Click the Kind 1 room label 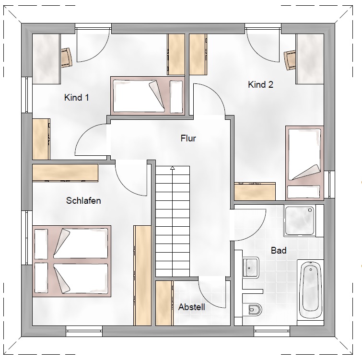coord(76,97)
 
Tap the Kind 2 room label coord(261,85)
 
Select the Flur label coord(188,138)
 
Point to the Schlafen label coord(83,200)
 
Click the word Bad coord(279,250)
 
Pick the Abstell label coord(192,307)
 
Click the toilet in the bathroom coord(252,309)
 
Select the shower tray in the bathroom coord(300,221)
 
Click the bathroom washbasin coord(251,267)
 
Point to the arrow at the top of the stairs coord(173,168)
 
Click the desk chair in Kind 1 coord(67,58)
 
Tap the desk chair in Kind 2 coord(290,60)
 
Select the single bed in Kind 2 coord(304,163)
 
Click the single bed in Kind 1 coord(148,95)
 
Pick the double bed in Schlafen coord(72,261)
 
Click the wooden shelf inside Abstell coord(164,303)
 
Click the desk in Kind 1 coord(46,59)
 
